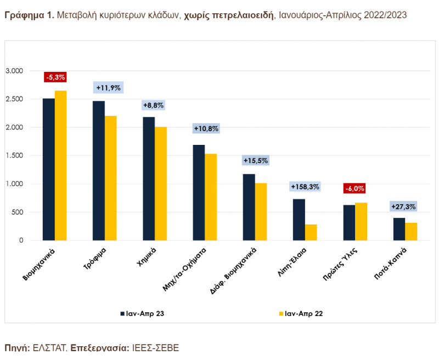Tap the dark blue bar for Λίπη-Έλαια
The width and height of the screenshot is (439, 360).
point(299,220)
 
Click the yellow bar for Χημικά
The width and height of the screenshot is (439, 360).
point(161,183)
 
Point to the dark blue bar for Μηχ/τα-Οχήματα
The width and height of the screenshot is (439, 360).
point(199,192)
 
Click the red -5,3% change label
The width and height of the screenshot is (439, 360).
point(55,77)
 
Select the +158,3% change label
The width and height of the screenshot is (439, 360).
point(305,187)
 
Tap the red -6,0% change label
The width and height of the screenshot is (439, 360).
point(354,189)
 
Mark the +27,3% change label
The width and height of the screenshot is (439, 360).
point(404,206)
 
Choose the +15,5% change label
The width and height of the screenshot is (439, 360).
point(255,161)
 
